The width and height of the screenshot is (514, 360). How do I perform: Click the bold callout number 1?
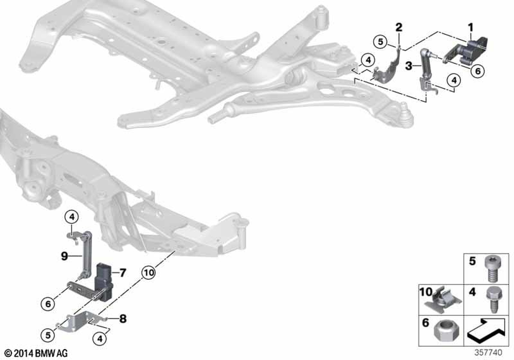(x=471, y=28)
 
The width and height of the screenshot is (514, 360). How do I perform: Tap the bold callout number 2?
(x=399, y=27)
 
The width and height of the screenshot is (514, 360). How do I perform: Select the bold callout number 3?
(x=409, y=66)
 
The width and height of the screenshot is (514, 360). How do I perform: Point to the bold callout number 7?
(x=122, y=273)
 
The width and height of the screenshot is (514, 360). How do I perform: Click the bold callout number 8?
(x=123, y=318)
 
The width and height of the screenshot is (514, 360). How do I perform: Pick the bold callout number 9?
(x=65, y=256)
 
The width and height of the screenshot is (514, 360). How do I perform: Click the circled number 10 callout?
(x=149, y=273)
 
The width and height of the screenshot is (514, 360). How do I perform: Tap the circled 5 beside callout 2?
(x=380, y=42)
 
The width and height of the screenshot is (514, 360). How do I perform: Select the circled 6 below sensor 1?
(x=478, y=71)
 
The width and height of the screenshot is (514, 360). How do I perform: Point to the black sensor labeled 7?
(x=104, y=282)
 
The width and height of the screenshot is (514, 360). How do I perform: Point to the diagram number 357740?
(x=488, y=353)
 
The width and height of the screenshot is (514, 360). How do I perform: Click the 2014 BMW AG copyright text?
(x=36, y=353)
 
